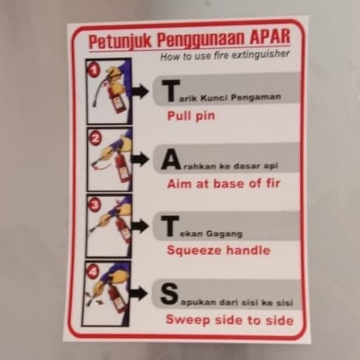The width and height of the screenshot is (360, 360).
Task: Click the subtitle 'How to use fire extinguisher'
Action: (225, 55)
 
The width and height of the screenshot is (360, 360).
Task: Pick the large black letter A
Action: (170, 160)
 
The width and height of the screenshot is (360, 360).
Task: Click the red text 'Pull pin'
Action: (191, 116)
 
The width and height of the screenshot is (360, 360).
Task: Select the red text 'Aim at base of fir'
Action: (223, 184)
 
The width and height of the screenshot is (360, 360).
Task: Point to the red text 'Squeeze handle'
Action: (218, 250)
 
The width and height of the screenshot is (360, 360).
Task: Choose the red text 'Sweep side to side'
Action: (229, 320)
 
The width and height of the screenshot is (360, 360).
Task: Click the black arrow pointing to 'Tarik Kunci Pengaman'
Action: (140, 92)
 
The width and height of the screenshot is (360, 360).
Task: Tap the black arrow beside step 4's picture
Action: (138, 294)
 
